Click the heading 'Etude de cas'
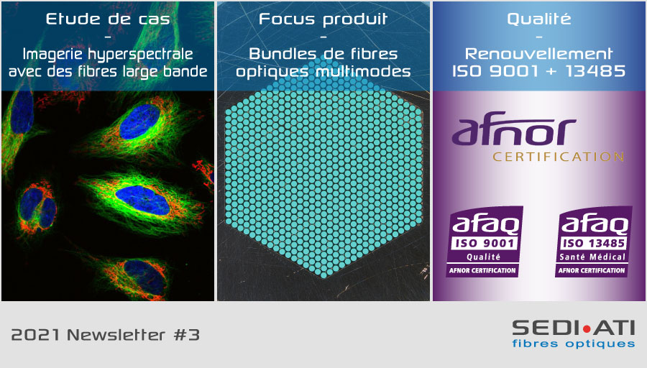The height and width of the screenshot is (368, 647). click(108, 19)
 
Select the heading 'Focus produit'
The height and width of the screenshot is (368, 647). click(323, 19)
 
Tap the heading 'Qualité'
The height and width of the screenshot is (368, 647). click(539, 19)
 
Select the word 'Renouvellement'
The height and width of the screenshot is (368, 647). click(539, 54)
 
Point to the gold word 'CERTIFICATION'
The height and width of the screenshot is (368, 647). click(559, 157)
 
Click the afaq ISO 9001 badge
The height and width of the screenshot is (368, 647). click(485, 241)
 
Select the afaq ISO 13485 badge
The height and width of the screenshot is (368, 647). click(593, 241)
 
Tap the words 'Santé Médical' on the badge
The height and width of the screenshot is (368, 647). click(592, 257)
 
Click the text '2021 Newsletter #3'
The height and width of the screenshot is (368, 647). click(105, 335)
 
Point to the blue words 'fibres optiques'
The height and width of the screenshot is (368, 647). click(574, 344)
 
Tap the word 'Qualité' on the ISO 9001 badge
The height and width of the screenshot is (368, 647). click(483, 257)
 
